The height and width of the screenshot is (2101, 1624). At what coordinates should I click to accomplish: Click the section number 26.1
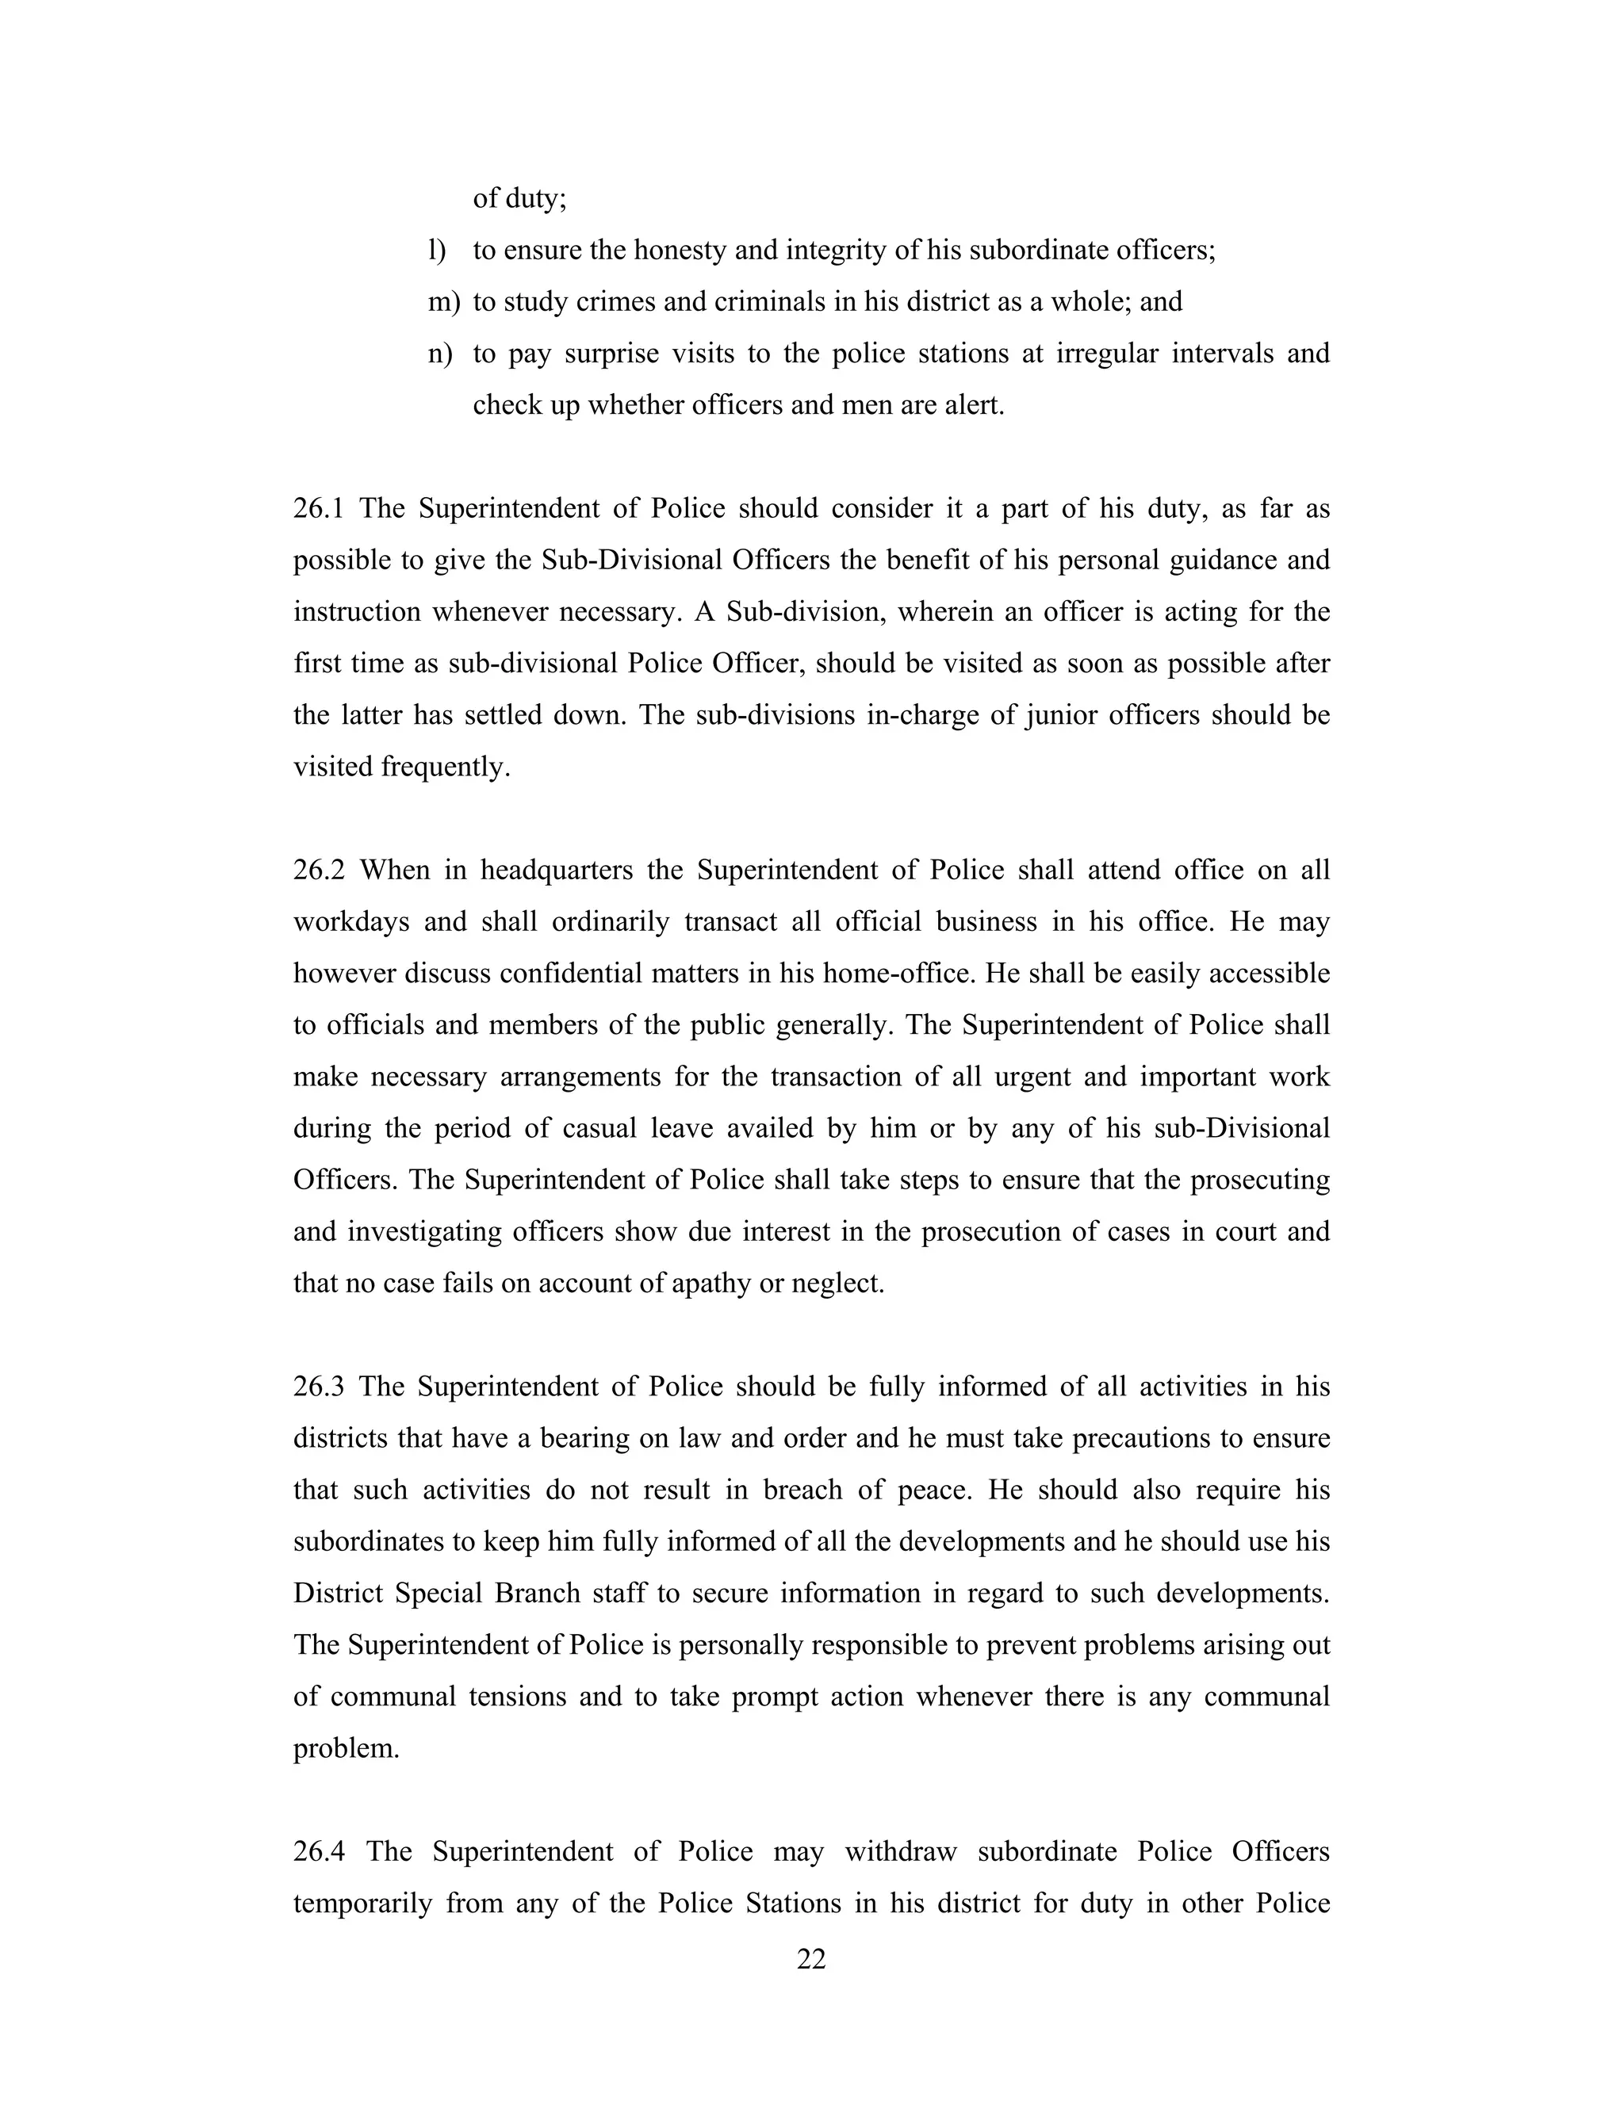(319, 509)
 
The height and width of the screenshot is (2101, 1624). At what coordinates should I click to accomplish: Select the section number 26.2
(319, 870)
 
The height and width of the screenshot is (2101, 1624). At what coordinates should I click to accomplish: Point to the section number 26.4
(320, 1851)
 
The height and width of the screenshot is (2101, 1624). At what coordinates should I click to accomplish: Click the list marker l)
(437, 250)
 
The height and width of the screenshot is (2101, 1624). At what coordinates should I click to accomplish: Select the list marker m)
(443, 302)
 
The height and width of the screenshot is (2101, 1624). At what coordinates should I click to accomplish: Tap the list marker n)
(439, 354)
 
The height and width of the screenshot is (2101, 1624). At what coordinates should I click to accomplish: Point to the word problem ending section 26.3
(346, 1748)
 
